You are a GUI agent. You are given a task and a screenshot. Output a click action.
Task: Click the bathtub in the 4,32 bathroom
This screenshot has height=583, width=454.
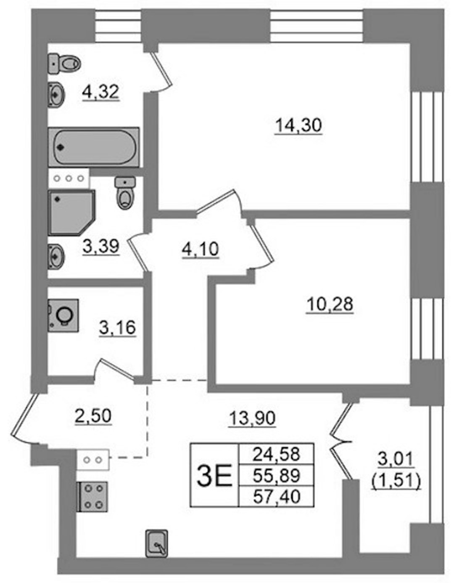[94, 147]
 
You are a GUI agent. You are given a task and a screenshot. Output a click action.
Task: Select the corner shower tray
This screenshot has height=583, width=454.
[72, 213]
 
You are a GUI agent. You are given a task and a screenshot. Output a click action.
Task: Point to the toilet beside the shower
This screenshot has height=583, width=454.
[125, 193]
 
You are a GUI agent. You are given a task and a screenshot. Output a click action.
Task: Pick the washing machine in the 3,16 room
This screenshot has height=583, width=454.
[63, 316]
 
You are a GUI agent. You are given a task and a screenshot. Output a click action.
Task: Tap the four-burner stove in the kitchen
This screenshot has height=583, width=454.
[92, 496]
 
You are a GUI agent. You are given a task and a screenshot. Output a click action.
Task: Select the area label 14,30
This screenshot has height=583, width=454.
[298, 125]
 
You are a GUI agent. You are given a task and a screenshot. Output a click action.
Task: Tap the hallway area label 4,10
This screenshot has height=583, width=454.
[201, 249]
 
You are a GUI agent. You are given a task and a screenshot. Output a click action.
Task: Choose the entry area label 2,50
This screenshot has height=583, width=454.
[92, 416]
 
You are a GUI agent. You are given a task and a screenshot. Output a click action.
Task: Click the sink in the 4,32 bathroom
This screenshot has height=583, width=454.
[56, 94]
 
